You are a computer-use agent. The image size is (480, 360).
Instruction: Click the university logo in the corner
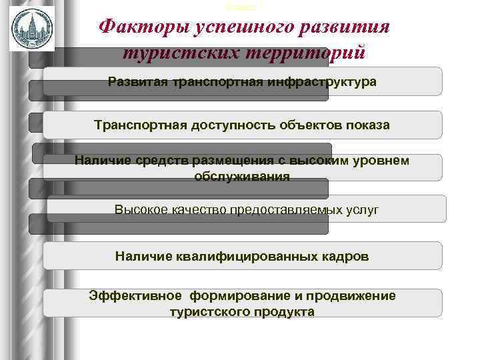point(31,28)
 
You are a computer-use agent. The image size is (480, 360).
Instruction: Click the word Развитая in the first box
point(137,82)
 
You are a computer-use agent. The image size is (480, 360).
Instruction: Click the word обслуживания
point(242,176)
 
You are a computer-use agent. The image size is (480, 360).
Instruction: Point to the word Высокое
point(139,209)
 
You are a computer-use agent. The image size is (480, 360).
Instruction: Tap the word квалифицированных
point(251,255)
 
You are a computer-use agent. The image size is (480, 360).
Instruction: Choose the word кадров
point(345,255)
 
